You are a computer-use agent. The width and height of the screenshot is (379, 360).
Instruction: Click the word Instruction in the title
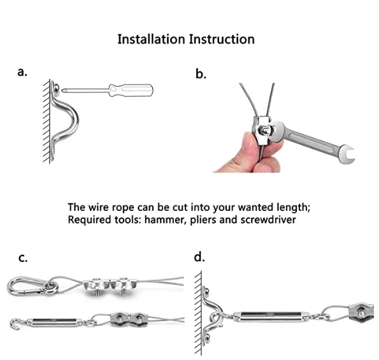[222, 39]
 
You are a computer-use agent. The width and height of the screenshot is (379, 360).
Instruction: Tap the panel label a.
[22, 72]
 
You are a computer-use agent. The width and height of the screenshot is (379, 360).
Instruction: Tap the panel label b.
[201, 74]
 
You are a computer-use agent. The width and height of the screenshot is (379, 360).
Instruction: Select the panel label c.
[23, 258]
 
